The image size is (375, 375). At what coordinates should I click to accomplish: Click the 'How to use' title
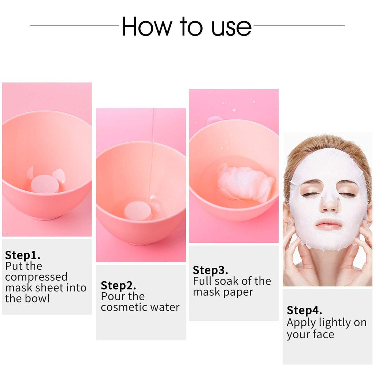tap(187, 26)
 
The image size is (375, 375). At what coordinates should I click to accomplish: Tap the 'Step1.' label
tap(23, 255)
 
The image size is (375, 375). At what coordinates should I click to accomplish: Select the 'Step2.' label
tap(118, 286)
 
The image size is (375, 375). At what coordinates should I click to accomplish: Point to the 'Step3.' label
tap(210, 270)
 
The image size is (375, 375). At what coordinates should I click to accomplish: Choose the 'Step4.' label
tap(304, 311)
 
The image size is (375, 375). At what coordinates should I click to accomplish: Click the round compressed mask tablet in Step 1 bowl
tap(45, 184)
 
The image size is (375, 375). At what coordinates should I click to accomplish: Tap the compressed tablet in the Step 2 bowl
tap(138, 211)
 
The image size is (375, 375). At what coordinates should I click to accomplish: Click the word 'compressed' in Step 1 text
tap(36, 277)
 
